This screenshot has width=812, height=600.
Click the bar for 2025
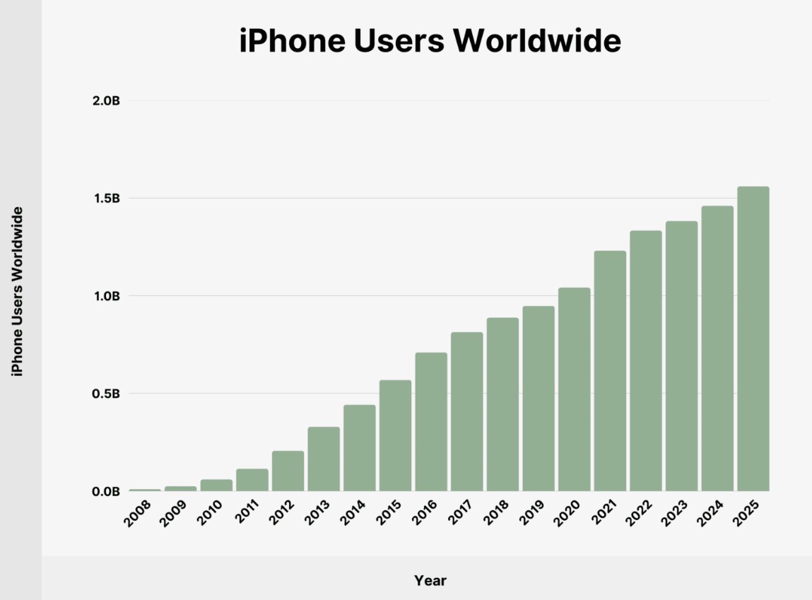click(753, 339)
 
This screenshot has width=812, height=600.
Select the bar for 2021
click(610, 370)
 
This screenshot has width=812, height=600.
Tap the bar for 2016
click(431, 421)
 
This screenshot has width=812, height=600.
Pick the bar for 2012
click(288, 471)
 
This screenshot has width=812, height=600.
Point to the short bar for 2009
click(180, 488)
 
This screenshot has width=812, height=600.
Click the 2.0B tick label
click(106, 101)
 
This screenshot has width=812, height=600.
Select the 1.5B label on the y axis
click(106, 199)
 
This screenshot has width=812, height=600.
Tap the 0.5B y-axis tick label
click(106, 394)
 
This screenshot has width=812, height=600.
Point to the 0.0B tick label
click(106, 491)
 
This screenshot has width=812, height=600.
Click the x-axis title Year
click(430, 581)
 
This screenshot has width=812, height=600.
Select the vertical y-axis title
click(18, 291)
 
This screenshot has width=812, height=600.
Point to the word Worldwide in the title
click(538, 42)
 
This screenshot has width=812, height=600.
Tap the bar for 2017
click(467, 411)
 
